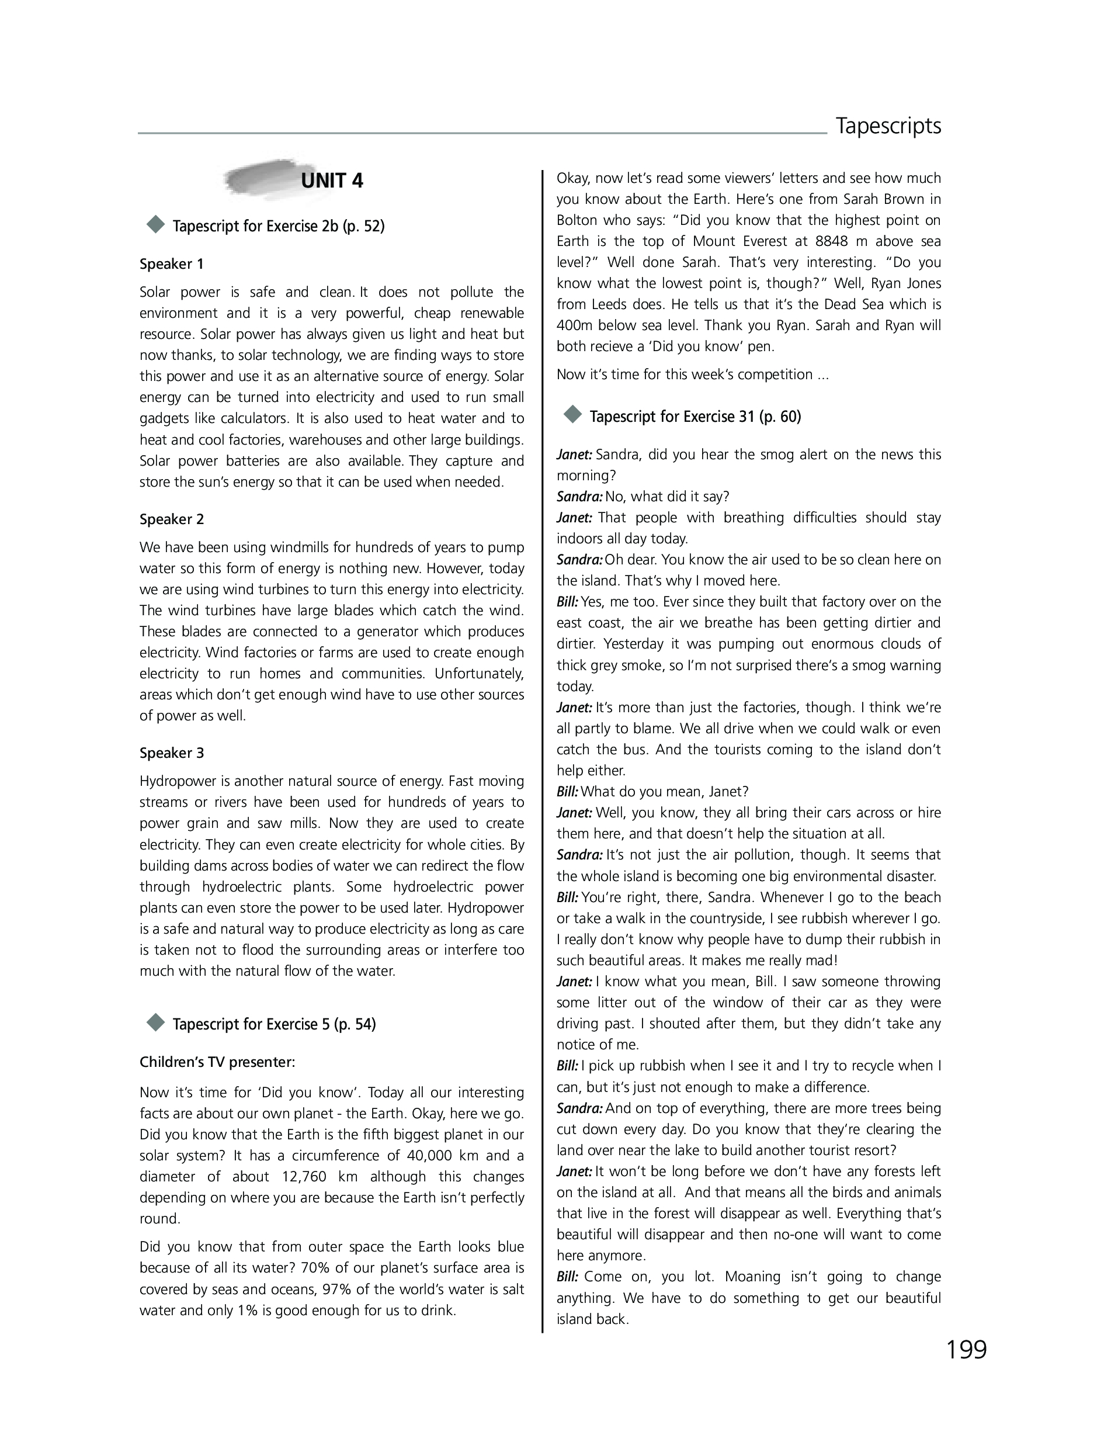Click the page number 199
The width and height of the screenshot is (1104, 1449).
tap(966, 1350)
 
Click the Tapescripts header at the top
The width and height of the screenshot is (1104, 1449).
tap(888, 126)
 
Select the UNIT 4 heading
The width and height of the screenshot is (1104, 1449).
tap(332, 181)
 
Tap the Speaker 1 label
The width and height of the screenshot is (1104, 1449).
tap(172, 264)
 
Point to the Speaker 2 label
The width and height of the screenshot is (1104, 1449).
tap(172, 519)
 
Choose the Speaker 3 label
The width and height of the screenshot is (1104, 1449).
tap(172, 753)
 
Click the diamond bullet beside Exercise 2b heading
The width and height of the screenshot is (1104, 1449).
tap(156, 225)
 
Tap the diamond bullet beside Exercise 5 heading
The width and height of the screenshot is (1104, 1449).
tap(156, 1022)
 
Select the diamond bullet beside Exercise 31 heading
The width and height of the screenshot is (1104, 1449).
tap(573, 415)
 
